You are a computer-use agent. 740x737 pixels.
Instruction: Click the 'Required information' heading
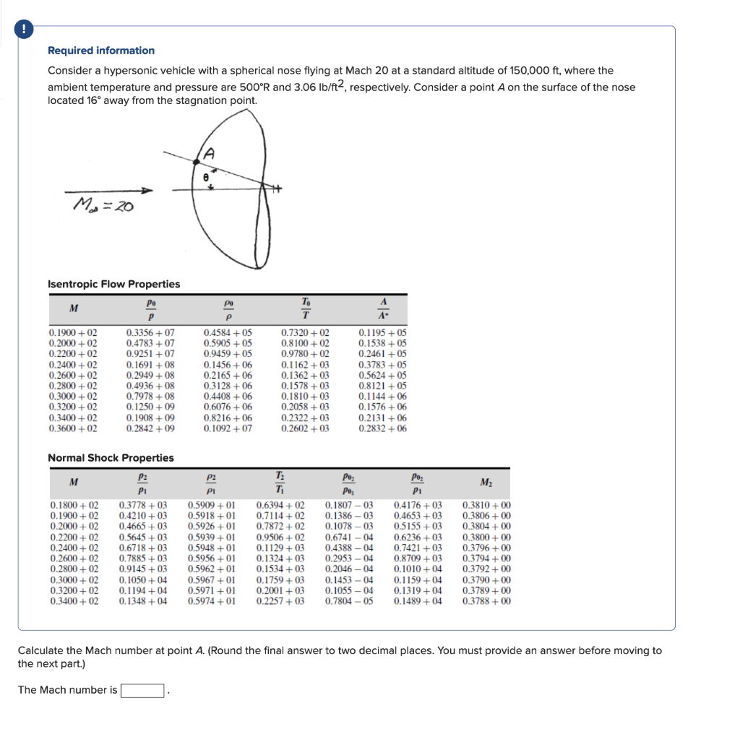coord(101,51)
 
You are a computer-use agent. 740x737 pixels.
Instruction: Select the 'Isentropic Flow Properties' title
coord(113,284)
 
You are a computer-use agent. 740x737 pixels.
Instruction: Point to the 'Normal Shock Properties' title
coord(111,458)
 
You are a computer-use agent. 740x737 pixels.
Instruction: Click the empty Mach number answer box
coord(142,690)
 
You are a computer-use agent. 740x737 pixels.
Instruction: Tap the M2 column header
coord(485,483)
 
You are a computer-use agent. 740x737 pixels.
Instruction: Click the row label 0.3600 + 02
coord(73,428)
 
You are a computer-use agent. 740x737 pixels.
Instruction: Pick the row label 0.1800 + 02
coord(74,505)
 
